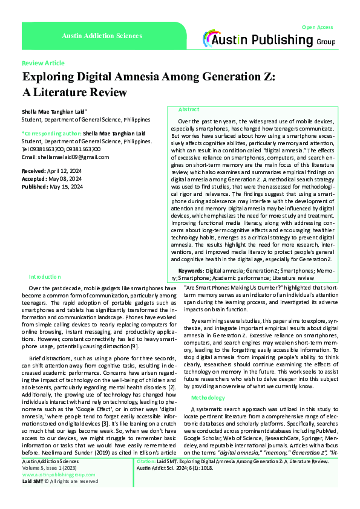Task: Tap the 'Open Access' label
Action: click(x=317, y=27)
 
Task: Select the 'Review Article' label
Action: click(x=43, y=63)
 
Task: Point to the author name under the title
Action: click(x=54, y=112)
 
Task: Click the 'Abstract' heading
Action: click(x=189, y=109)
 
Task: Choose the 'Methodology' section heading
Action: click(x=208, y=381)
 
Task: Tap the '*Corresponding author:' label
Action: click(x=51, y=132)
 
